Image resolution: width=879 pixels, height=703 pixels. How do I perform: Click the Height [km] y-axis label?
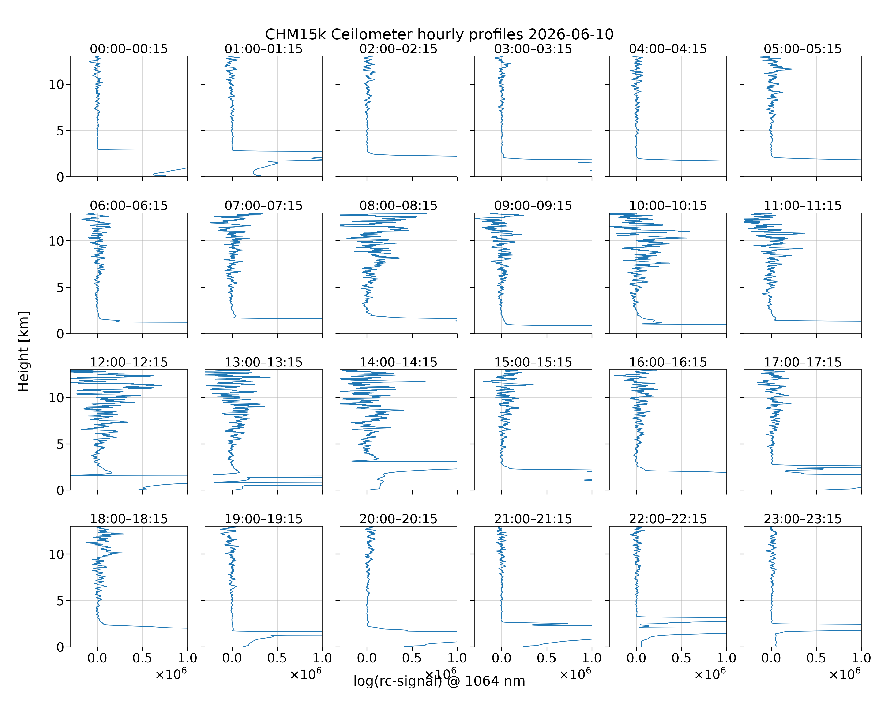(x=24, y=351)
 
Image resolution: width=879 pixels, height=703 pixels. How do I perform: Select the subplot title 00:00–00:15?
(x=129, y=49)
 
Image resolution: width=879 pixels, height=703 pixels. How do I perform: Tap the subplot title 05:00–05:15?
(x=803, y=49)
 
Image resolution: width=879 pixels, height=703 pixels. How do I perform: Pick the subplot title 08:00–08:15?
(x=398, y=206)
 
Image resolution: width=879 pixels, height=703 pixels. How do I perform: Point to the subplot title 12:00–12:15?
(x=129, y=362)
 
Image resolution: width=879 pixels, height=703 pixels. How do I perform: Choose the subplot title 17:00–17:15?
(x=803, y=362)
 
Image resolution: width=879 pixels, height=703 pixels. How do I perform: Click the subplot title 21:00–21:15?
(x=533, y=519)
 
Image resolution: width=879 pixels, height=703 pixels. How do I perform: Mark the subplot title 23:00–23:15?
(x=803, y=519)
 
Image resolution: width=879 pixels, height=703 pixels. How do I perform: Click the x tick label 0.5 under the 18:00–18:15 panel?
(x=142, y=658)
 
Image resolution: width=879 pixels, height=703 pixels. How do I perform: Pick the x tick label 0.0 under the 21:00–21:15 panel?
(x=501, y=658)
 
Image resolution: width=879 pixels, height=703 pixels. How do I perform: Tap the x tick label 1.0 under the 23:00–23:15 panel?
(x=861, y=658)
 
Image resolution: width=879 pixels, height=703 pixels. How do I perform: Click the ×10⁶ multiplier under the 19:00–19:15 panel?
(x=306, y=674)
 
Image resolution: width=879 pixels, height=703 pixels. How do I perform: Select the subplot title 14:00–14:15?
(x=398, y=362)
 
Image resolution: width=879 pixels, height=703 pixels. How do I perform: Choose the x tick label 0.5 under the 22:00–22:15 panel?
(x=681, y=658)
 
